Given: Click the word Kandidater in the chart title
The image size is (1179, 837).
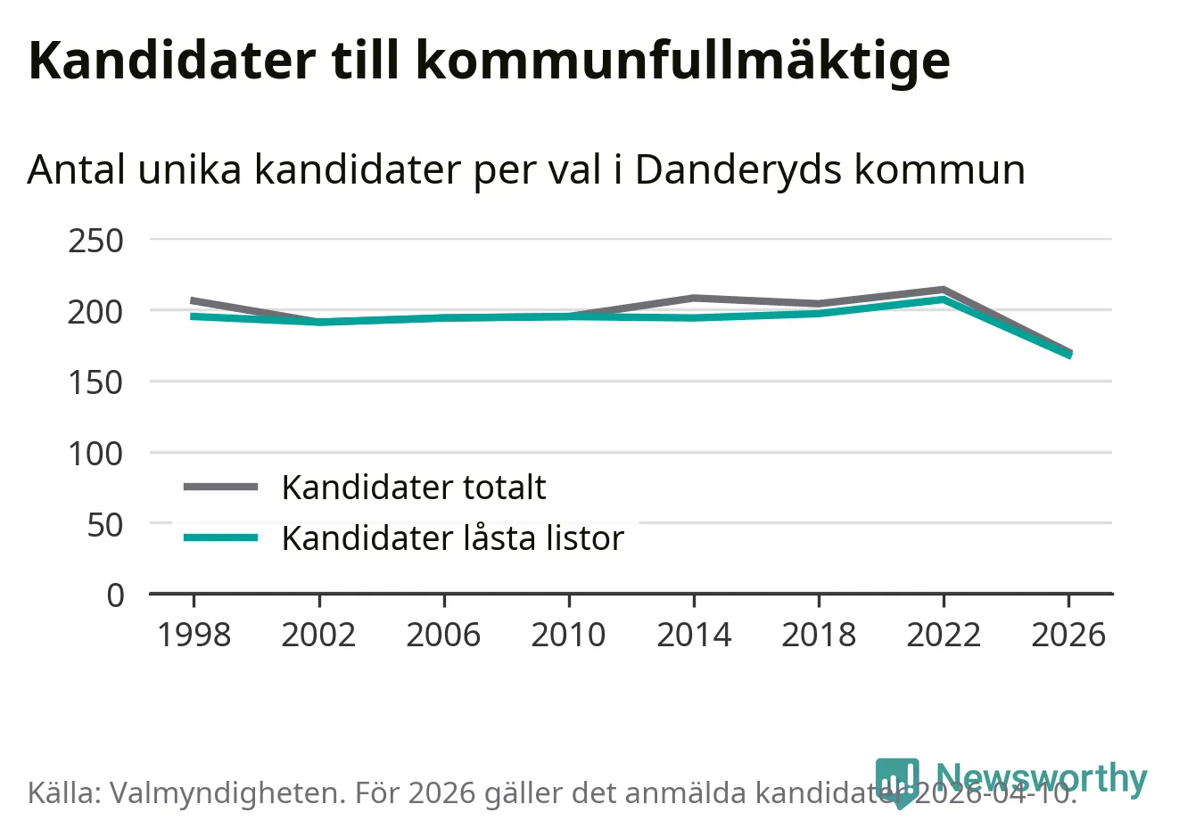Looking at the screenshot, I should (172, 61).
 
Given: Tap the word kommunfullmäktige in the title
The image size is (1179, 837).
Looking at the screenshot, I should (682, 61).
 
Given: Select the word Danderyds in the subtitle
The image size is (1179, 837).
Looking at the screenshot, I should (739, 169).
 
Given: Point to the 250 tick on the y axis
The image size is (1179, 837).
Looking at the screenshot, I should (95, 241).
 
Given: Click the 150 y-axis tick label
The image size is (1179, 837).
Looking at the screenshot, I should (95, 382).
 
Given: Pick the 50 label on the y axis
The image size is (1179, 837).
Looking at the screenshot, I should (105, 524).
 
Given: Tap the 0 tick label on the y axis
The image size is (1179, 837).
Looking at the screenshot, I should (115, 595).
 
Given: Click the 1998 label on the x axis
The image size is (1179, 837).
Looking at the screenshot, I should (194, 635).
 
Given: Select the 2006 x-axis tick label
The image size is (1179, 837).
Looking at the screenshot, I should (443, 635).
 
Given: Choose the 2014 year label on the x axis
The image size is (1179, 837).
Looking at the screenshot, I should (694, 635).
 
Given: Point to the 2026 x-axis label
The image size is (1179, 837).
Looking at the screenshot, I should (1068, 635).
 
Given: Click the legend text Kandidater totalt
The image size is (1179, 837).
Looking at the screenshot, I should (413, 488).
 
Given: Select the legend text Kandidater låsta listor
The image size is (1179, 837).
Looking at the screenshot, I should (452, 538).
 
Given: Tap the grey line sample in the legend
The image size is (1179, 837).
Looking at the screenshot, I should (220, 487).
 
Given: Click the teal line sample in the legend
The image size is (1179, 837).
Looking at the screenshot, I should (220, 537).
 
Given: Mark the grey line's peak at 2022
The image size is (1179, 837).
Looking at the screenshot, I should (944, 290).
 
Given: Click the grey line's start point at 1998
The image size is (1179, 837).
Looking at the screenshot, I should (194, 300).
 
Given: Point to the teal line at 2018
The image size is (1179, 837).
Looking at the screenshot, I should (819, 313).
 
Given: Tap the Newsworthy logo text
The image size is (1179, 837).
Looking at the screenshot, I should (1041, 778).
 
